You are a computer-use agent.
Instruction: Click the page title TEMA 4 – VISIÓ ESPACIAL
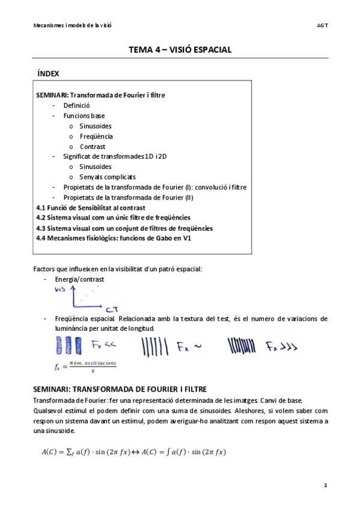pyautogui.click(x=180, y=50)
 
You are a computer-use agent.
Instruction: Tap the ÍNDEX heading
pyautogui.click(x=48, y=74)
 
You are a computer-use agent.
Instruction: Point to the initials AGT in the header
pyautogui.click(x=322, y=25)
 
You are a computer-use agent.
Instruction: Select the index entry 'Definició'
pyautogui.click(x=76, y=105)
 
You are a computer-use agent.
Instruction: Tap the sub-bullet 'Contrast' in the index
pyautogui.click(x=93, y=146)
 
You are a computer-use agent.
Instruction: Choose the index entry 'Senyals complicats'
pyautogui.click(x=108, y=177)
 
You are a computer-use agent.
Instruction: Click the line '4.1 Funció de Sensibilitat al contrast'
pyautogui.click(x=90, y=207)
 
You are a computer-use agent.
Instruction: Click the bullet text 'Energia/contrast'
pyautogui.click(x=79, y=280)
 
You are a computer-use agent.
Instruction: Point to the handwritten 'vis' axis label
pyautogui.click(x=60, y=289)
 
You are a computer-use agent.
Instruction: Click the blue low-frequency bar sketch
pyautogui.click(x=69, y=346)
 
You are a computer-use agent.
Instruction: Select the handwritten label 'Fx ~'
pyautogui.click(x=187, y=346)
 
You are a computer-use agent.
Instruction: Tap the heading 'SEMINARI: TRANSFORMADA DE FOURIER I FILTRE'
pyautogui.click(x=120, y=390)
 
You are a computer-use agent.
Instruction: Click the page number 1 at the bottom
pyautogui.click(x=325, y=485)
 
